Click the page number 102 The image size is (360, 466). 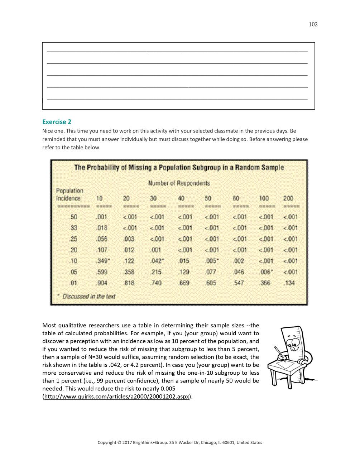click(313, 24)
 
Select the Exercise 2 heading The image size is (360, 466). click(57, 122)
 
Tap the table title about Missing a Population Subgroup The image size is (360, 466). click(179, 167)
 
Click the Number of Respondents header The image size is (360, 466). click(179, 183)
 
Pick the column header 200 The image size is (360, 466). click(288, 198)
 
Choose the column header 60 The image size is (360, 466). click(236, 198)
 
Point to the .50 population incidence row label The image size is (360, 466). click(73, 217)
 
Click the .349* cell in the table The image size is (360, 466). click(103, 261)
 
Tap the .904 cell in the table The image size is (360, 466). click(101, 283)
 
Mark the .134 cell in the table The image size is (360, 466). click(289, 283)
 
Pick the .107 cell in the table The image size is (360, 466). click(101, 250)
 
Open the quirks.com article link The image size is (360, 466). click(116, 397)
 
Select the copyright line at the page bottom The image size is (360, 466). click(180, 442)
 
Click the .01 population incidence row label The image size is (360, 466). click(73, 283)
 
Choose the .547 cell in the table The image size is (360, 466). click(239, 283)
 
